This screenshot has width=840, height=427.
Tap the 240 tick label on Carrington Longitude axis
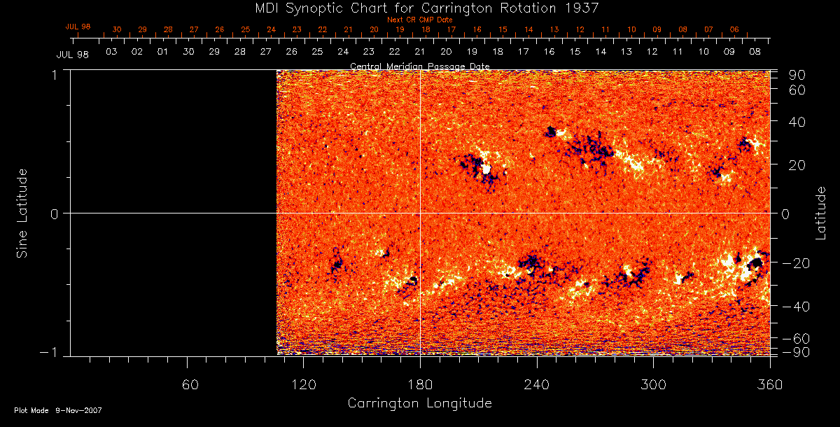[x=536, y=384]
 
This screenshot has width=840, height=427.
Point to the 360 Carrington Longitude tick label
[x=768, y=384]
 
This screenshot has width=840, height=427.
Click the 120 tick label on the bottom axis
[x=303, y=384]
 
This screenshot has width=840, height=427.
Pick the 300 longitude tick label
[x=652, y=384]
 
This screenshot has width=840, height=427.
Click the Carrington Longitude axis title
[x=419, y=403]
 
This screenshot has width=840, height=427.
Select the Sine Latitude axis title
[x=22, y=213]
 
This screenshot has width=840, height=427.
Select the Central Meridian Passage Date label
[x=419, y=66]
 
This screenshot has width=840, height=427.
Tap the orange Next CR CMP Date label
[x=419, y=20]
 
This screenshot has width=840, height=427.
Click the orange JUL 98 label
[x=78, y=27]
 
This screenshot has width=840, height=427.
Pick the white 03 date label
[x=111, y=52]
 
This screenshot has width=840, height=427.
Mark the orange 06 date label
[x=734, y=30]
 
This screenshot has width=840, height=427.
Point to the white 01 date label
[x=163, y=52]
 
